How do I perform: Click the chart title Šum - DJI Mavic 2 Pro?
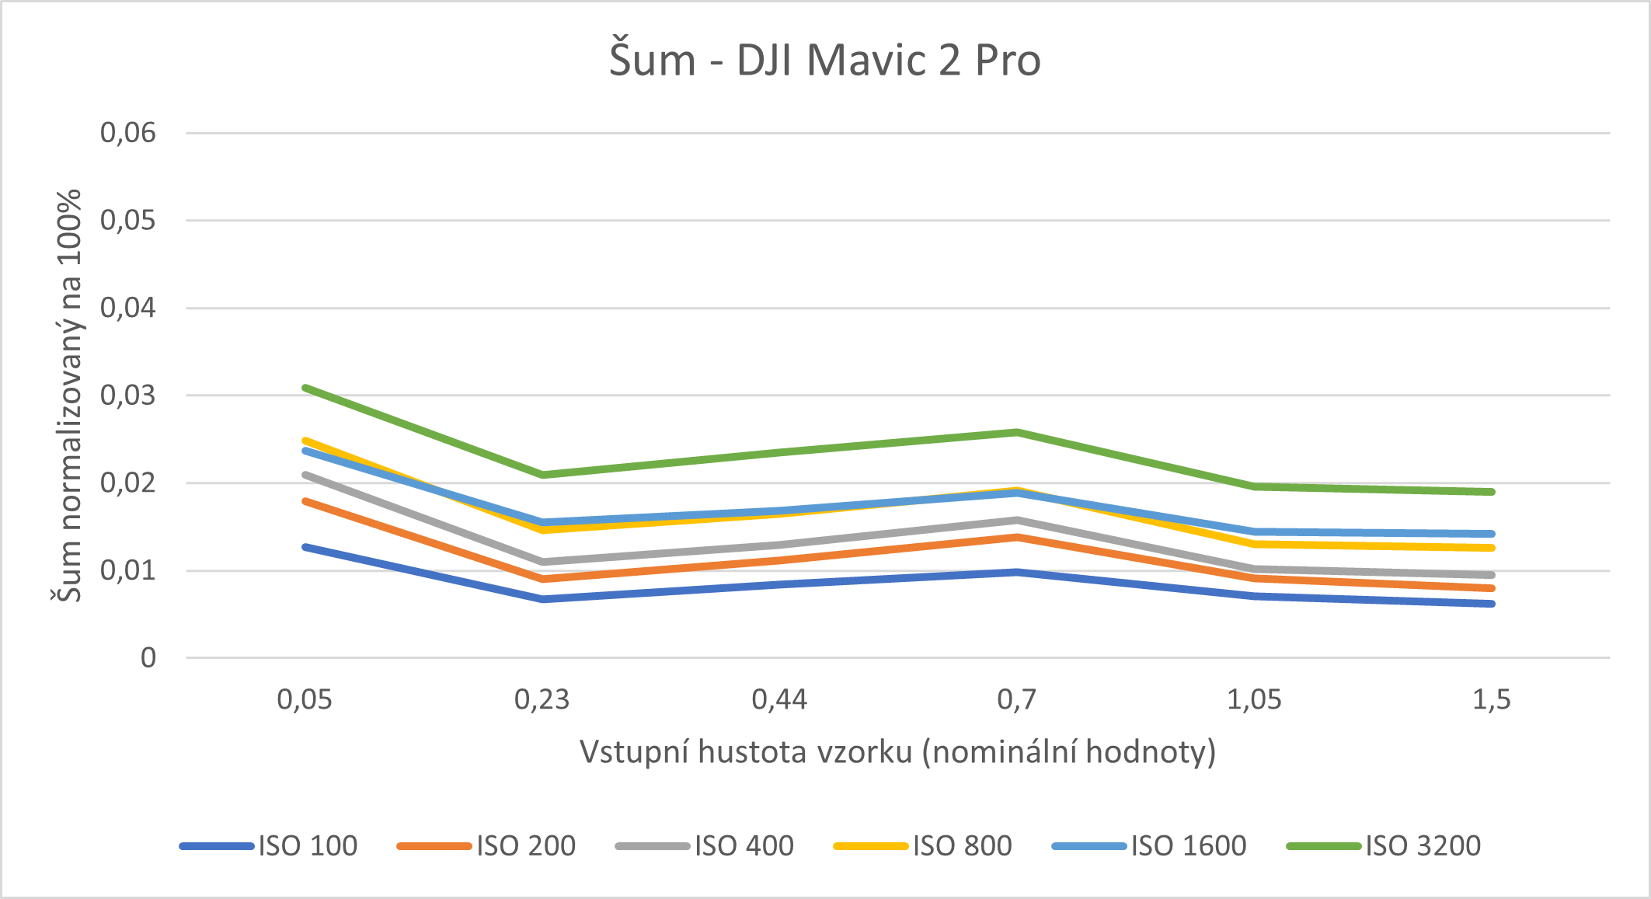pyautogui.click(x=824, y=61)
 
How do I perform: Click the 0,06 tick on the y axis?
pyautogui.click(x=128, y=133)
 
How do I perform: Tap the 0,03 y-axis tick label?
pyautogui.click(x=128, y=395)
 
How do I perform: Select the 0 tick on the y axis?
pyautogui.click(x=148, y=658)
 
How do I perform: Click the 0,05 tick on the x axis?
pyautogui.click(x=305, y=700)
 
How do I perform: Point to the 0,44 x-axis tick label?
pyautogui.click(x=779, y=700)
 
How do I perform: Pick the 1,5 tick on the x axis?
pyautogui.click(x=1492, y=700)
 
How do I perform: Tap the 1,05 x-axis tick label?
pyautogui.click(x=1254, y=700)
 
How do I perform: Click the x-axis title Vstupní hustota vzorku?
pyautogui.click(x=897, y=752)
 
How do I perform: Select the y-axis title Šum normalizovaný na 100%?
pyautogui.click(x=68, y=395)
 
